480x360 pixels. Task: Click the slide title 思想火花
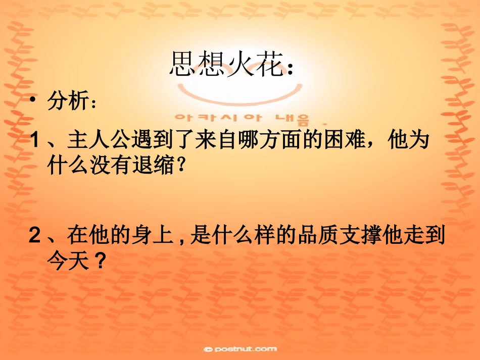[x=225, y=64]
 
